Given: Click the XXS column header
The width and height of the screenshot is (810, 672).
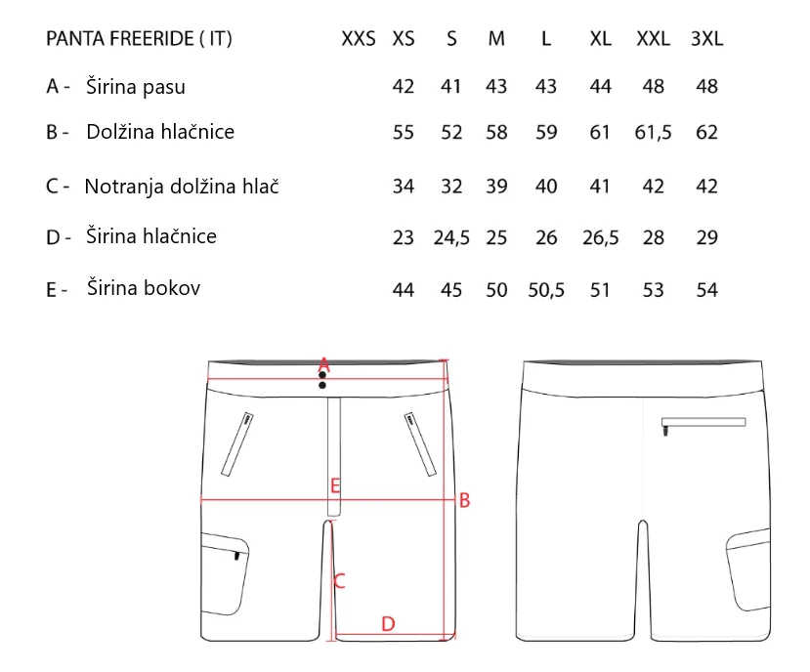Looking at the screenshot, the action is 359,39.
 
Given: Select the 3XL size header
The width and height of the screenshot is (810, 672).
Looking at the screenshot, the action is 706,39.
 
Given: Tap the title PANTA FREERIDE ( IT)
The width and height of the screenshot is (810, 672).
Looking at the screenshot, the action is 139,39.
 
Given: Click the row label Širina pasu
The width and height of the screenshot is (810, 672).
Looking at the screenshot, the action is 136,86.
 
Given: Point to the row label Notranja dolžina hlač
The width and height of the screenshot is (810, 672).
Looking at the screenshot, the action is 182,186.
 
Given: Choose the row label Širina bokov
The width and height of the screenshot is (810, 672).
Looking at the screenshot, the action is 143,287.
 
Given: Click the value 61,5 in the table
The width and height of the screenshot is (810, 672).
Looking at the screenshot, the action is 653,132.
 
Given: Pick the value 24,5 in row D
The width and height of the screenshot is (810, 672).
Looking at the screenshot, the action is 451,237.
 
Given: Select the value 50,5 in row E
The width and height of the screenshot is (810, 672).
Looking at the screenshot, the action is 546,290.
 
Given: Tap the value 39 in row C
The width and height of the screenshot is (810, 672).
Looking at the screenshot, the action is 496,186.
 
